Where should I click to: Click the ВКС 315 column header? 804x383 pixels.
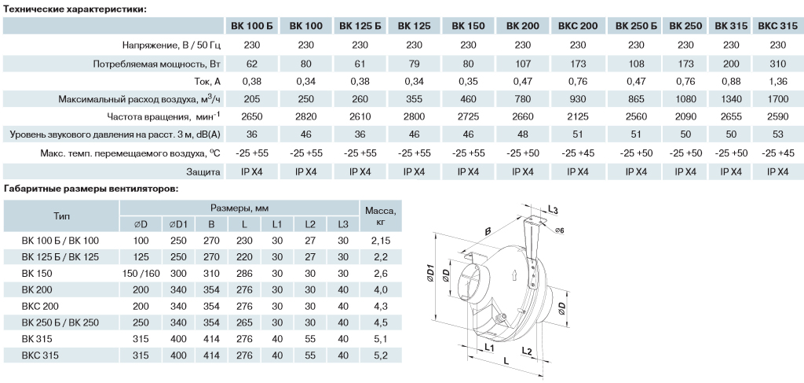tap(777, 26)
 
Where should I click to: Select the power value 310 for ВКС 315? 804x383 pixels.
tap(778, 64)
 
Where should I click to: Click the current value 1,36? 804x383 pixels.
tap(778, 82)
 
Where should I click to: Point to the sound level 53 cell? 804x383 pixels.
tap(778, 134)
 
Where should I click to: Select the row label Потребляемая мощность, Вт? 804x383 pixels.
tap(156, 64)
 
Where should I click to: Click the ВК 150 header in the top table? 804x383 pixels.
tap(468, 26)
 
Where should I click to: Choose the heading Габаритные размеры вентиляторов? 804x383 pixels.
tap(91, 189)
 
